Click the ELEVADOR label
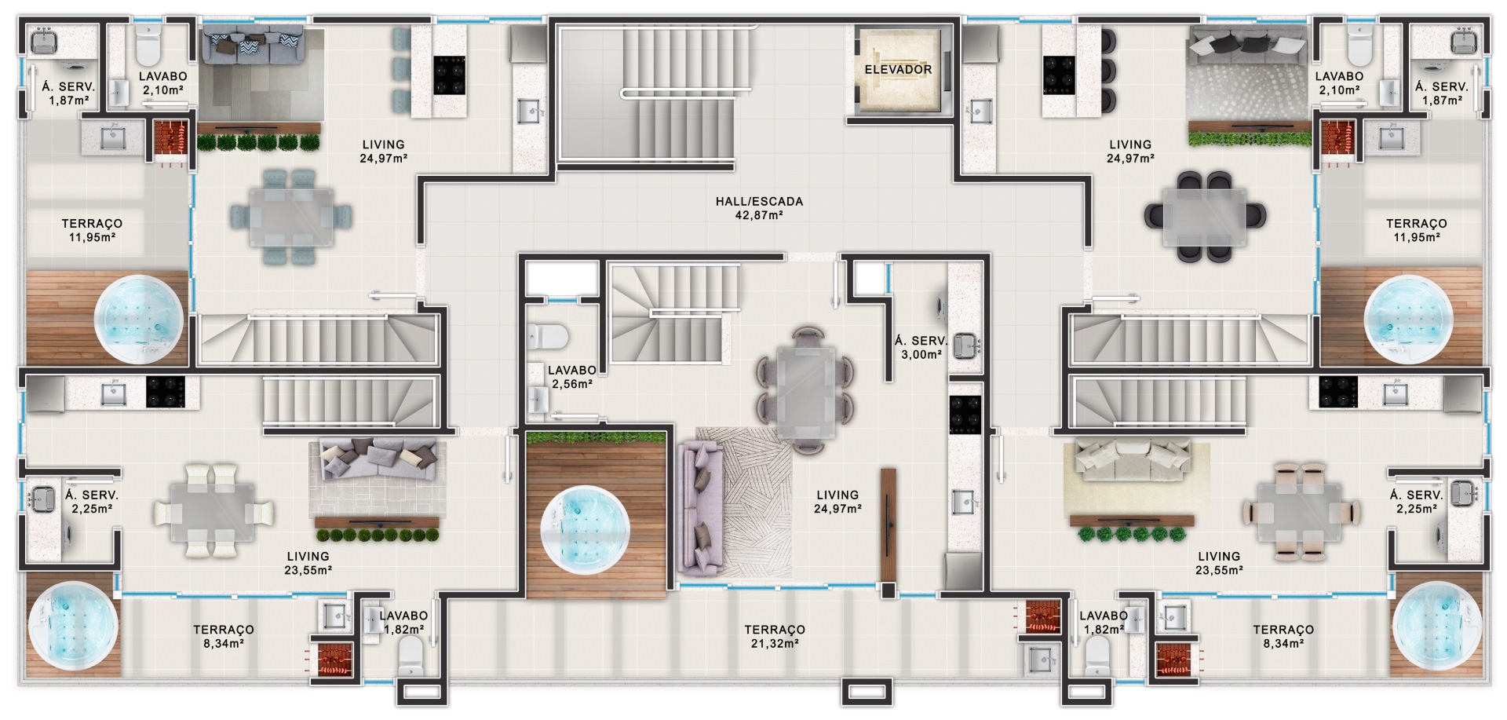[898, 70]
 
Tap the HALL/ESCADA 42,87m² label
[759, 208]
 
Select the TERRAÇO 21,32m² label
[774, 636]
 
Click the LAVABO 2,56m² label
[571, 377]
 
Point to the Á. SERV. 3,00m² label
[921, 348]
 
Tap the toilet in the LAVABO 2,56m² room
[547, 337]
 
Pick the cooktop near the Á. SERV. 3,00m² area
[965, 415]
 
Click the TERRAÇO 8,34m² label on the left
[223, 636]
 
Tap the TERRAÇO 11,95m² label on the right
[1416, 230]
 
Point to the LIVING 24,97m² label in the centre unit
[837, 502]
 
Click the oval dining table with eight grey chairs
[805, 390]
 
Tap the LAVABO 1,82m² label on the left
[403, 623]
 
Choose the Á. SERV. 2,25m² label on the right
[1416, 502]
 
